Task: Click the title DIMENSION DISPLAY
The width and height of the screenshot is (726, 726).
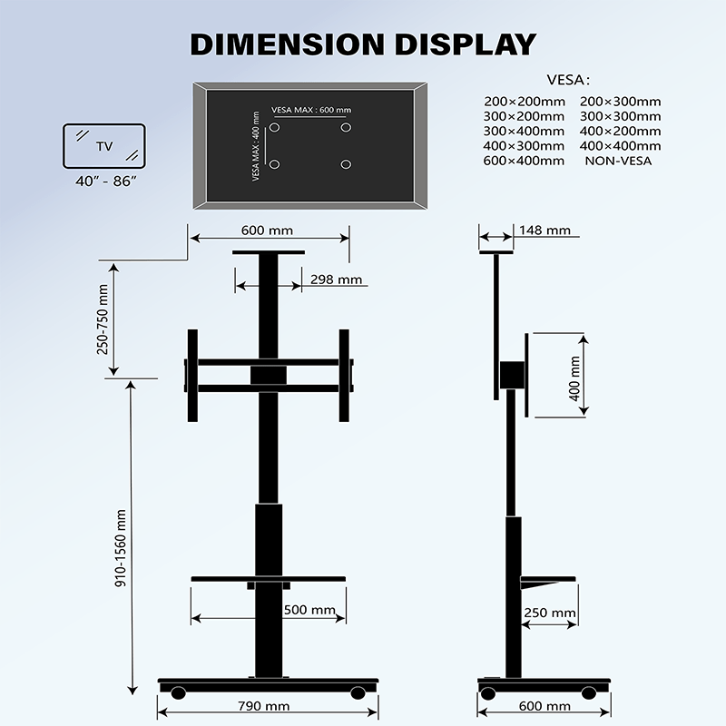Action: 363,44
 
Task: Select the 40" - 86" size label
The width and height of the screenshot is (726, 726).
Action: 105,181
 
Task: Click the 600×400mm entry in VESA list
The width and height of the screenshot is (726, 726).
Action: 525,161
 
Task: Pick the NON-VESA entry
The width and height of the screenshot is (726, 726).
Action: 619,161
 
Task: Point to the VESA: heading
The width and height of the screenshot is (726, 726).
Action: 570,79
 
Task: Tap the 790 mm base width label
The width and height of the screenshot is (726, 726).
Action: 265,706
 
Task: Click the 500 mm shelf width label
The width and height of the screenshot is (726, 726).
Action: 309,611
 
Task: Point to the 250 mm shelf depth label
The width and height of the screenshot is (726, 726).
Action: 549,613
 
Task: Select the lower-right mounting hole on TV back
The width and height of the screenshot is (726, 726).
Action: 346,164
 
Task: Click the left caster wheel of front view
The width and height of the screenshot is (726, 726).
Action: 178,692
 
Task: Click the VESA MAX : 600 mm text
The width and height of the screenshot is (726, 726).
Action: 310,110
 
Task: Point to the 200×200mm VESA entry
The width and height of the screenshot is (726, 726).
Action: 525,102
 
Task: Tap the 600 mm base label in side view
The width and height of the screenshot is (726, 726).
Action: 544,706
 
